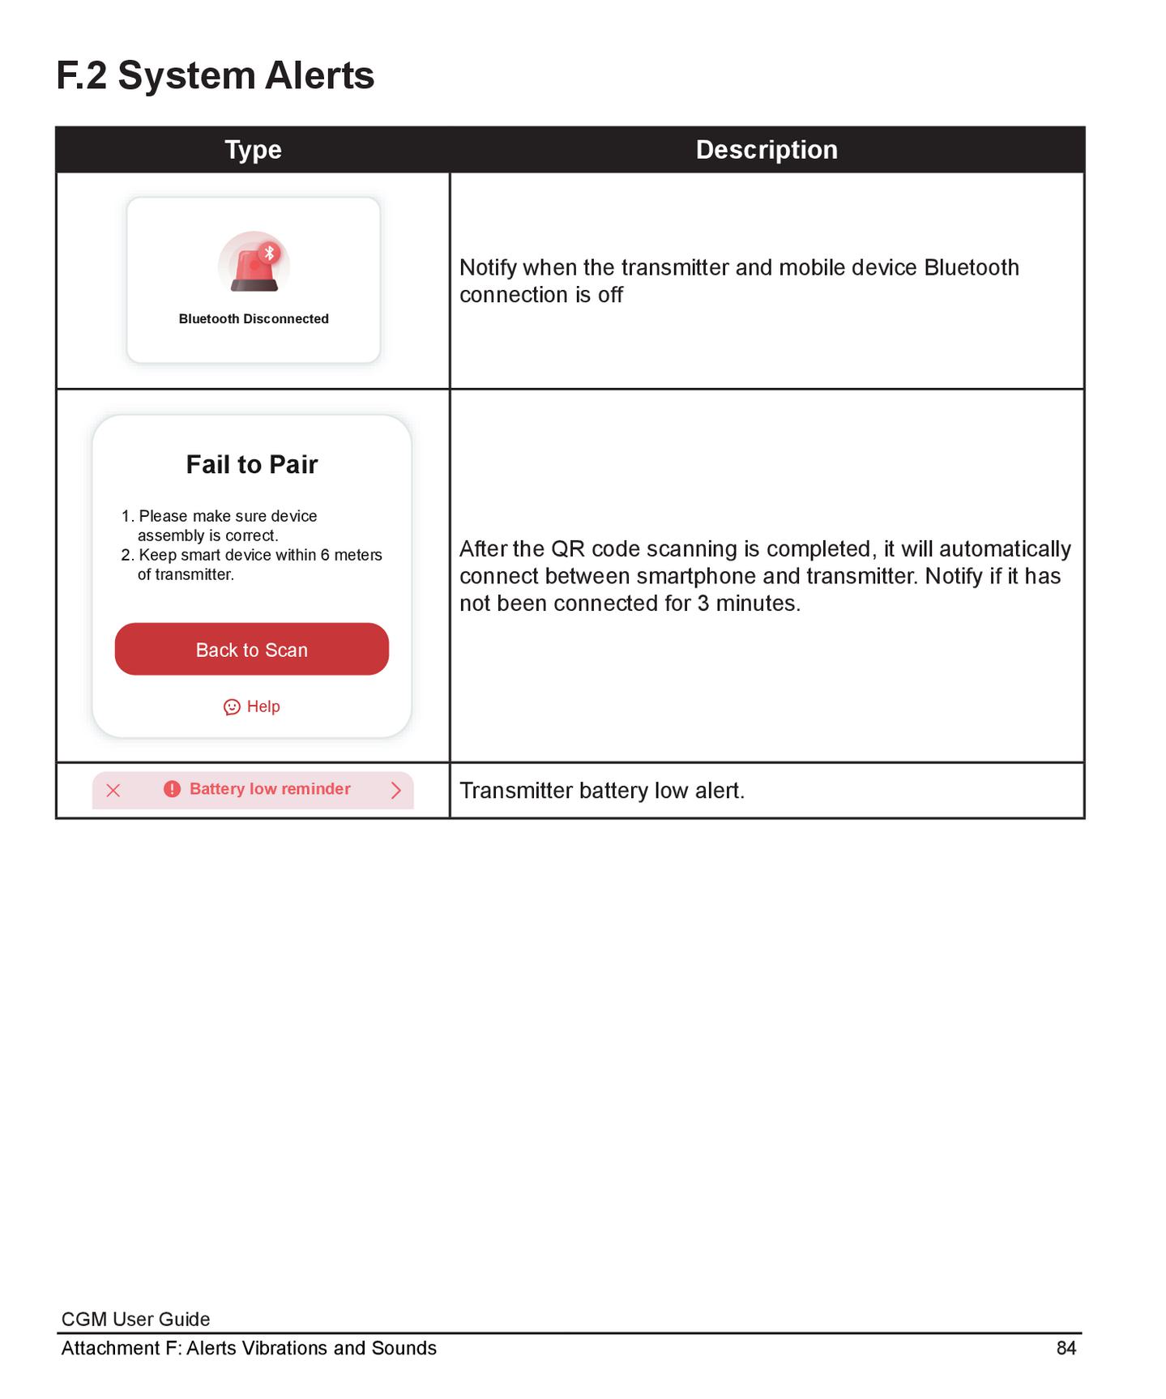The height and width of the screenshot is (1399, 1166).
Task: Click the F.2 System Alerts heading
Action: [215, 76]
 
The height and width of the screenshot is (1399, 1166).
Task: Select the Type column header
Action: [253, 150]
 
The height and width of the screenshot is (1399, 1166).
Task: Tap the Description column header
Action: [766, 150]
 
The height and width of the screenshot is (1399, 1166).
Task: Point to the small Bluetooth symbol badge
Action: [270, 253]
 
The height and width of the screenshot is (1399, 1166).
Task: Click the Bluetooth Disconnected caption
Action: [253, 319]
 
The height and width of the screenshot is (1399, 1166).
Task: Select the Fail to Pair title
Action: [252, 464]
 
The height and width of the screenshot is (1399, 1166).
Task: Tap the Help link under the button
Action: [263, 706]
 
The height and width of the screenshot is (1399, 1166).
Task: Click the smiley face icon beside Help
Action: [232, 707]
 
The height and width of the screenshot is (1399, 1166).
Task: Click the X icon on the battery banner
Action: [113, 791]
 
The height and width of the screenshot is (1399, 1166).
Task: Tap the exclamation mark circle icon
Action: [172, 789]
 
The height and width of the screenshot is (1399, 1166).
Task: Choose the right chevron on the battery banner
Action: [395, 791]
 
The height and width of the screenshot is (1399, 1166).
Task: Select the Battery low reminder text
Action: [270, 789]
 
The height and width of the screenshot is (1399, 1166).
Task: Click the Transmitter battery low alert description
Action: [601, 791]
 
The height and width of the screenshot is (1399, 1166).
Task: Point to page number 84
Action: [1066, 1348]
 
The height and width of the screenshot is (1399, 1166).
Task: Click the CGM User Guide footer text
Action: [135, 1319]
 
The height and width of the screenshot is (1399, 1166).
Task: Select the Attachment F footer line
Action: [249, 1348]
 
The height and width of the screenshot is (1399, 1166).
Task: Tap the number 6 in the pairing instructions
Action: [325, 555]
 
